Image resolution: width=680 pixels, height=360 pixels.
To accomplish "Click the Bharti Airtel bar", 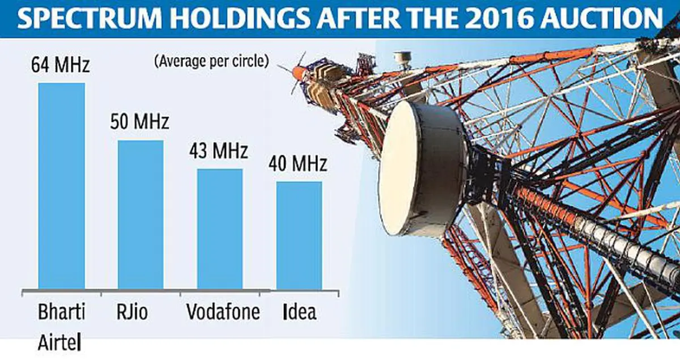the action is tap(62, 186).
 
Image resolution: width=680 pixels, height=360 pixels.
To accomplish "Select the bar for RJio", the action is tap(141, 214).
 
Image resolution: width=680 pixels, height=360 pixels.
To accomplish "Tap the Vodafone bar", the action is tap(220, 229).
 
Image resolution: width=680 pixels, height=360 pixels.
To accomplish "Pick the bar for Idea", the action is tap(299, 235).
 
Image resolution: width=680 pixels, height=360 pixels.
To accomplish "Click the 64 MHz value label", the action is tap(61, 64).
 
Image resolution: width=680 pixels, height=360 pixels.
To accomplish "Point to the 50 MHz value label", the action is tap(139, 121).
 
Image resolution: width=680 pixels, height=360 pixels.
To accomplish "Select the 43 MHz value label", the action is tap(219, 150).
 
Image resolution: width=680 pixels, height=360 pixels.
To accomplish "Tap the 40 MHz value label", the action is tap(297, 163).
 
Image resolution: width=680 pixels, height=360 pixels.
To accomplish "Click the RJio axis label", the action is tap(132, 312).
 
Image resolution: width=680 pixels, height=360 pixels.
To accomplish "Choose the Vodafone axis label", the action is tap(223, 312).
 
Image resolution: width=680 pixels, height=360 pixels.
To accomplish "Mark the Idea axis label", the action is tap(300, 312).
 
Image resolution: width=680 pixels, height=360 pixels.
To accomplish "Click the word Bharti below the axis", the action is tap(61, 312).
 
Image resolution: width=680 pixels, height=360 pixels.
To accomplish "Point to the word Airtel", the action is tap(59, 342).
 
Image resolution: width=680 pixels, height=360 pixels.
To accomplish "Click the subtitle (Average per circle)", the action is tap(211, 61).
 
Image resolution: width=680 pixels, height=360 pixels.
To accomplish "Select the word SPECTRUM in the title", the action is tap(90, 18).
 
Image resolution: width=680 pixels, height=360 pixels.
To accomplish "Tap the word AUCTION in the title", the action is tap(601, 18).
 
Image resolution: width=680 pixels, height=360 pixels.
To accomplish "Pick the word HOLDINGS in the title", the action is tap(240, 18).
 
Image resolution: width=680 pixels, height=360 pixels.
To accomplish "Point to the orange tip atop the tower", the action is tap(299, 73).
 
